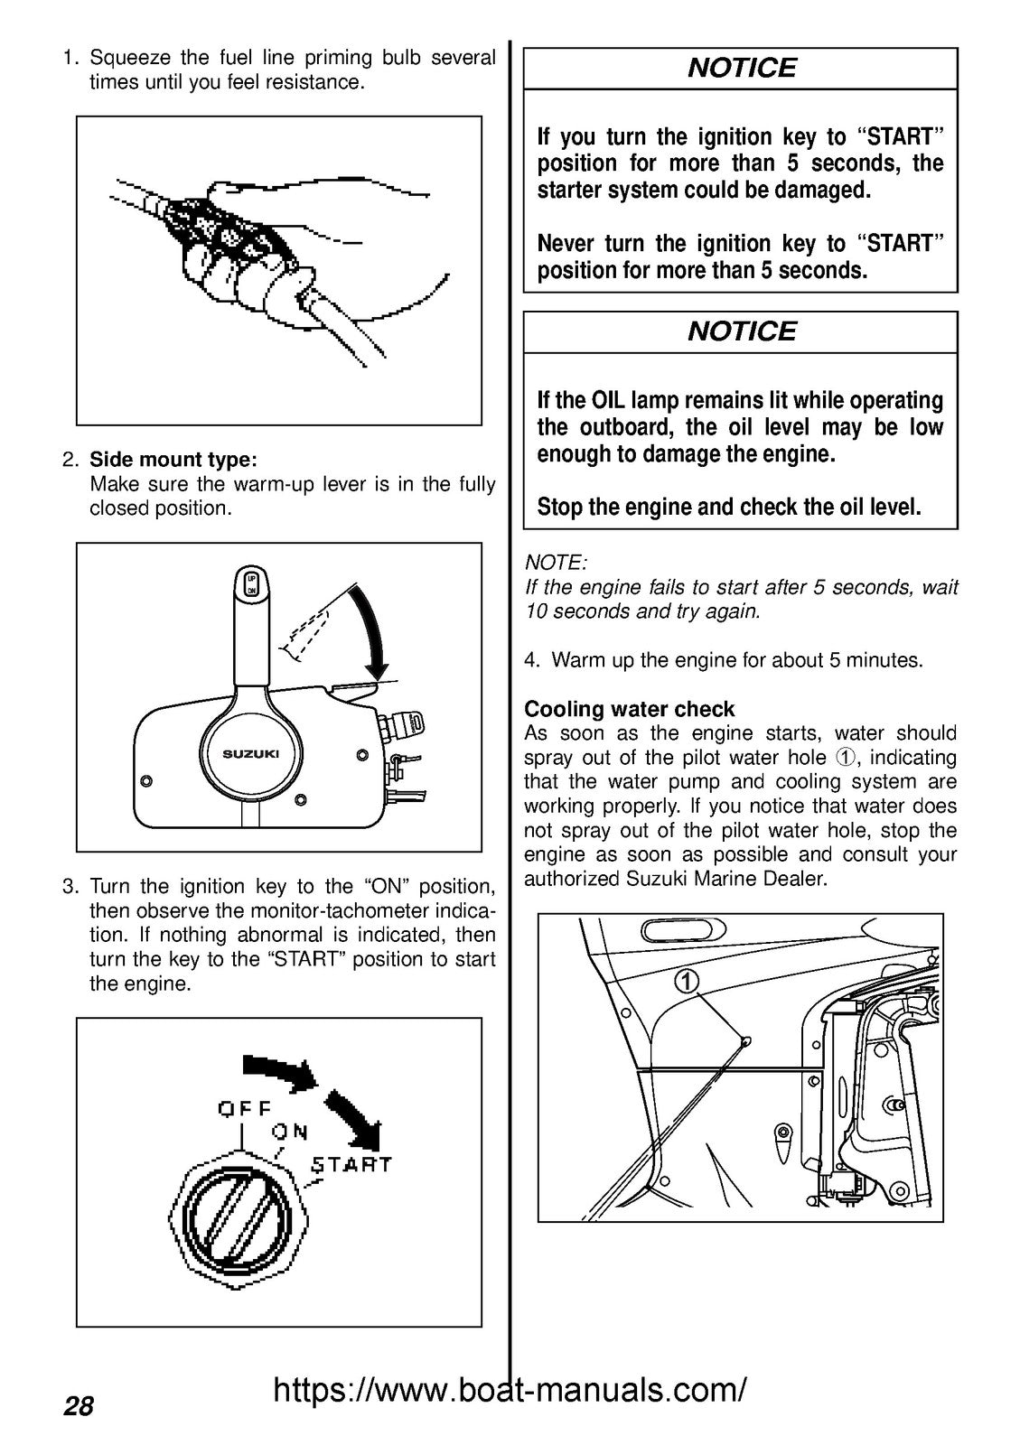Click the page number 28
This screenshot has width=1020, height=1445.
(79, 1406)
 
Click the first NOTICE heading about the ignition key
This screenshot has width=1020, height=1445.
(741, 69)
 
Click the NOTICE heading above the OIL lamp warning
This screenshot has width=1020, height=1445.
(741, 331)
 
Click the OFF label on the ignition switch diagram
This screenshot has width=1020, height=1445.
(244, 1108)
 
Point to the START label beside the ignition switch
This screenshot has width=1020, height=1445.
(351, 1164)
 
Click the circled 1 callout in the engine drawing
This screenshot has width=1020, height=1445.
(688, 982)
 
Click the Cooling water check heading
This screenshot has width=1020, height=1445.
(630, 709)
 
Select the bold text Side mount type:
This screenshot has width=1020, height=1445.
(173, 460)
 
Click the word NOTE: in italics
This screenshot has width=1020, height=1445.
(556, 563)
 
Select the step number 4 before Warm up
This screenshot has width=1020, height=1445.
(530, 660)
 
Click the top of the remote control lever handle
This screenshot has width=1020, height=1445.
(252, 583)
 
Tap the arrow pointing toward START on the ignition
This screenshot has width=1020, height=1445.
(354, 1116)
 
